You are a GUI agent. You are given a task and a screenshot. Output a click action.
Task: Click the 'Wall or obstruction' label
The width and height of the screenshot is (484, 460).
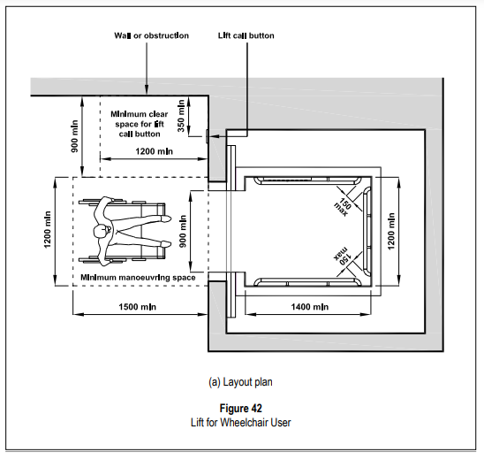click(x=151, y=35)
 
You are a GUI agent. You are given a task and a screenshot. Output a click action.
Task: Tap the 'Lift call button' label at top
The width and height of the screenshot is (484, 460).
click(x=246, y=35)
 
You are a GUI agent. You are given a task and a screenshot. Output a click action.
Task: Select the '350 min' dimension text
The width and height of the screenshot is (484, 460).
click(x=181, y=116)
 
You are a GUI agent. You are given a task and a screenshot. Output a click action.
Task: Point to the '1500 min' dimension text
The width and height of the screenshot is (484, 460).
click(x=138, y=307)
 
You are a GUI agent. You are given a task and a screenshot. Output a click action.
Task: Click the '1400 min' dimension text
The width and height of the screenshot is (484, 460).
click(x=310, y=307)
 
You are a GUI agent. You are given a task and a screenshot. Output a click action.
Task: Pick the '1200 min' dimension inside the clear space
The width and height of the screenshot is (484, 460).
click(x=154, y=151)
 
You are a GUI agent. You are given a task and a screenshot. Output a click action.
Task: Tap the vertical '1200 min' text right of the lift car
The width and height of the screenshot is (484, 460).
click(x=390, y=231)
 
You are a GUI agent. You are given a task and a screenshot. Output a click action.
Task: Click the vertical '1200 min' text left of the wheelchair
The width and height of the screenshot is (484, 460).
click(x=47, y=229)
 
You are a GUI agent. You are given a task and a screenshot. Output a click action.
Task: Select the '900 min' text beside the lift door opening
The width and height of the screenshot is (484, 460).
click(x=183, y=231)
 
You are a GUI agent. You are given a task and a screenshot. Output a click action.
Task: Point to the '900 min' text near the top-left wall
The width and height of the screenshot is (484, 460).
click(x=75, y=136)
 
